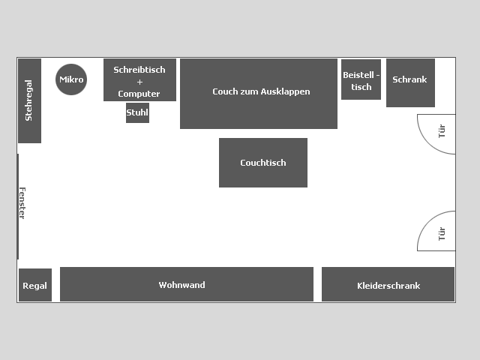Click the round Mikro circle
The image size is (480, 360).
tap(71, 79)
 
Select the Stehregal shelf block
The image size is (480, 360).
tap(30, 100)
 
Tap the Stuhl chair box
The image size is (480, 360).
tap(137, 112)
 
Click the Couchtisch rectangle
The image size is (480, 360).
tap(263, 163)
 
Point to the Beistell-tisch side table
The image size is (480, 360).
tap(361, 79)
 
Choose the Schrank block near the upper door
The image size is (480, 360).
tap(410, 82)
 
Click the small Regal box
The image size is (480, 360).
tap(35, 285)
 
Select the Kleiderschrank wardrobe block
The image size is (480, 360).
tap(388, 284)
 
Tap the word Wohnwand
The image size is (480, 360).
tap(181, 285)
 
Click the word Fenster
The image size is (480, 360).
tap(22, 203)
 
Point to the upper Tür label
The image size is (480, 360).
tap(442, 131)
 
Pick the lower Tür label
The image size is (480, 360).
tap(442, 234)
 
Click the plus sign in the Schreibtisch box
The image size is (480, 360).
tap(139, 82)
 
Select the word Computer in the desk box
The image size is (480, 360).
tap(139, 94)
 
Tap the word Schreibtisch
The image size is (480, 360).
tap(139, 70)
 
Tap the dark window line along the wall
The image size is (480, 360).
tap(18, 207)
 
